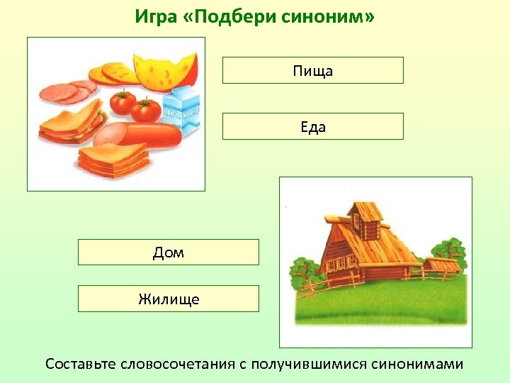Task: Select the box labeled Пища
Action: click(312, 70)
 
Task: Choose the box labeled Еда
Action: click(312, 126)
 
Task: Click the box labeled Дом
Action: click(168, 252)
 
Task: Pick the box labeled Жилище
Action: click(168, 299)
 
